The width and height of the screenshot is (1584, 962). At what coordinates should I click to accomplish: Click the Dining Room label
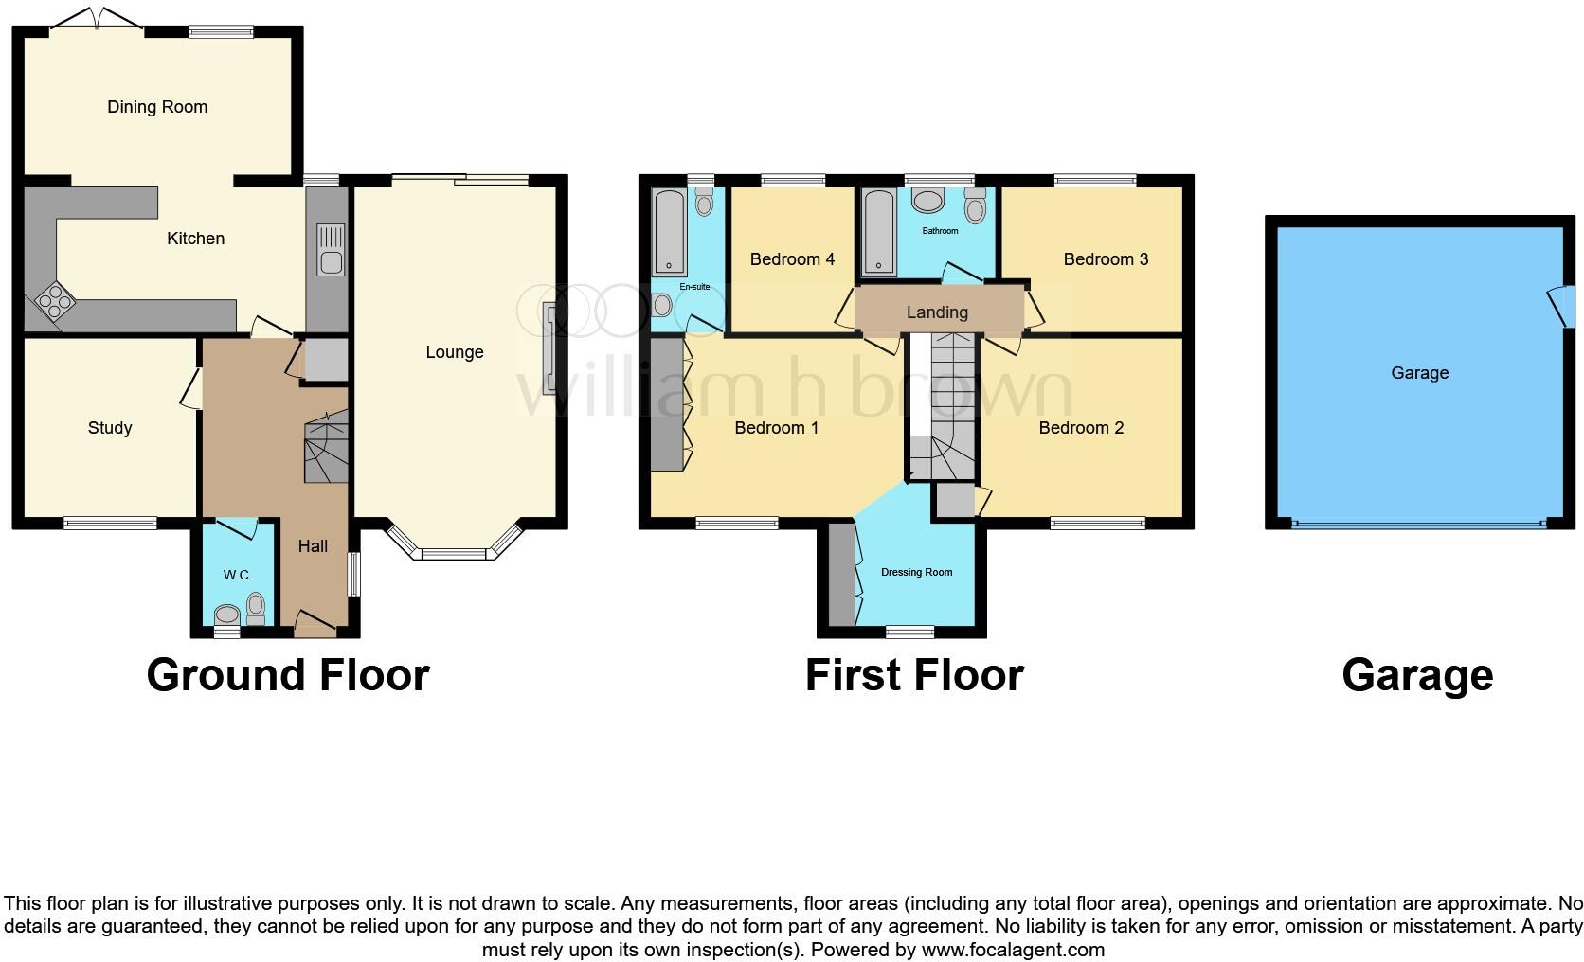point(157,107)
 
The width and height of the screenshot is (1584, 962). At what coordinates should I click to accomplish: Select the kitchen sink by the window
point(330,249)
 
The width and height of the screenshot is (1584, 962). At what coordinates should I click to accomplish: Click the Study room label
point(110,428)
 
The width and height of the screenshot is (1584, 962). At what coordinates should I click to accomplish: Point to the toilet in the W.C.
point(255,606)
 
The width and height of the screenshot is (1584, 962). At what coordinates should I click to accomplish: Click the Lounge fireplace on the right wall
point(548,347)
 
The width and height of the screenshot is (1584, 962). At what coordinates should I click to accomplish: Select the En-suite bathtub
point(670,232)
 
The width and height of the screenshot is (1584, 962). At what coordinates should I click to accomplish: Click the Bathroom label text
point(940,231)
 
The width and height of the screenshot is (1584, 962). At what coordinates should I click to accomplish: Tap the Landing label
point(937,312)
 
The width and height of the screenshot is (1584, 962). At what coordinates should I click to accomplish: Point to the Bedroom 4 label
point(792,259)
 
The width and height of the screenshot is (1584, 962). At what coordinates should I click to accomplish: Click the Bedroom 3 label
point(1106,259)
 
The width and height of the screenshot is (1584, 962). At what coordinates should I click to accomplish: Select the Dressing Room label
point(916,572)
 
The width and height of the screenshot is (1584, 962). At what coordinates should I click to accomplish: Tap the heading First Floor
point(914,676)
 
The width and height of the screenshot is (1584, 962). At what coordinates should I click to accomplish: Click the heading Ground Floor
point(288,676)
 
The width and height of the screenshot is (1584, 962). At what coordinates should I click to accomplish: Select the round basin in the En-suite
point(662,305)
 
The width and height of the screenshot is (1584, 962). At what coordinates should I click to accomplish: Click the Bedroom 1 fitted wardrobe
point(666,404)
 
